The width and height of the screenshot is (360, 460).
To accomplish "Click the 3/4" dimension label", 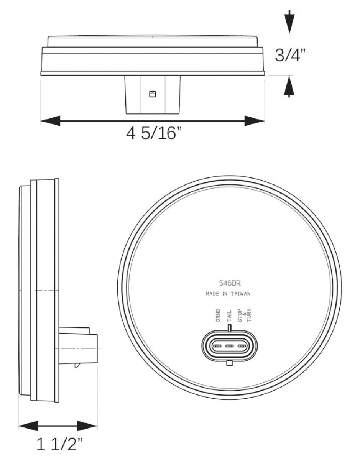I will [x=291, y=56].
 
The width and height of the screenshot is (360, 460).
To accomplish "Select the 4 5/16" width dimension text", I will [x=154, y=134].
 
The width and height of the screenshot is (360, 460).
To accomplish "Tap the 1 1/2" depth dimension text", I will [x=59, y=444].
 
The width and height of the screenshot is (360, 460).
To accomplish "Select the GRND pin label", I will [x=218, y=315].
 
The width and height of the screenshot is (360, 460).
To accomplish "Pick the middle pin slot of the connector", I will [x=230, y=346].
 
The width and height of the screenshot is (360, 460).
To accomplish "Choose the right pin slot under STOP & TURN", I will [x=242, y=346].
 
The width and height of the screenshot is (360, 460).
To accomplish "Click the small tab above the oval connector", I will [x=230, y=328].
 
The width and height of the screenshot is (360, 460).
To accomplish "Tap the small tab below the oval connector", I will [x=230, y=363].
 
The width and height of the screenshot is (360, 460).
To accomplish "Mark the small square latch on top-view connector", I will [x=153, y=94].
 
